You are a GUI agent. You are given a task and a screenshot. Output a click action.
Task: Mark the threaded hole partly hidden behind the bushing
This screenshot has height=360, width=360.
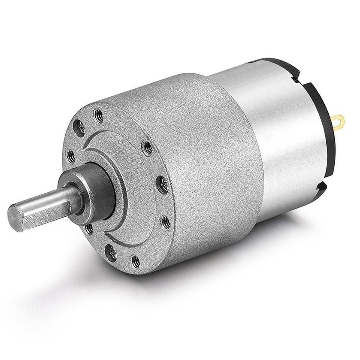point(89,229)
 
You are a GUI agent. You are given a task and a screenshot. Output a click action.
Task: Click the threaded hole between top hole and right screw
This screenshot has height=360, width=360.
point(147,148)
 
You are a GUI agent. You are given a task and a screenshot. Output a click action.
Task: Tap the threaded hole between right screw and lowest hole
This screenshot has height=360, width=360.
point(166,222)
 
